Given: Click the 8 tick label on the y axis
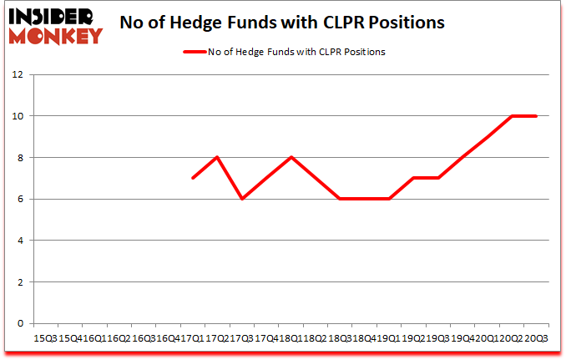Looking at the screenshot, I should click(19, 158).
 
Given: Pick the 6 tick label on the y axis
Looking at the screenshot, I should click(19, 199).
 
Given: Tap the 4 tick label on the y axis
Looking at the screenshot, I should click(19, 241).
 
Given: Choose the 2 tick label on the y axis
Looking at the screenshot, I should click(19, 282).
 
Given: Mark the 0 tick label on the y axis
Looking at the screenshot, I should click(19, 323).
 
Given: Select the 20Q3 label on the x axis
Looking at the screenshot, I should click(536, 338).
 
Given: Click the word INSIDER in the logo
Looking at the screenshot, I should click(52, 16).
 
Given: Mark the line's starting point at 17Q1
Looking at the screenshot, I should click(193, 178).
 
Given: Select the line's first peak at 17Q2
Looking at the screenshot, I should click(217, 157).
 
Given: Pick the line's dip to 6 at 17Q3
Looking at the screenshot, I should click(242, 199).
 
